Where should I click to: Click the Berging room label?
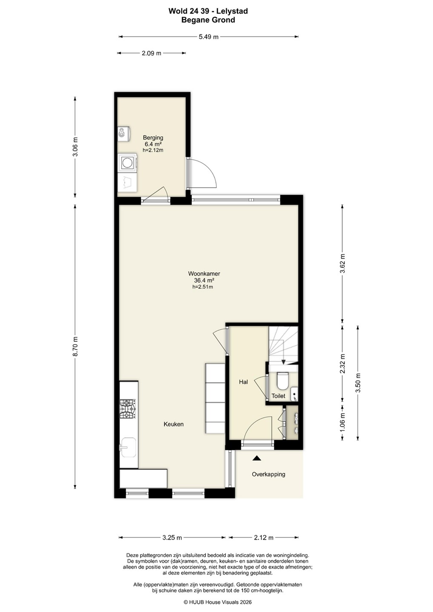(153, 137)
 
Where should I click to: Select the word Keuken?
(174, 424)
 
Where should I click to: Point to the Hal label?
(243, 382)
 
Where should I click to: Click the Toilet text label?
(278, 396)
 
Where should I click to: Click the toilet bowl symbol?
(282, 381)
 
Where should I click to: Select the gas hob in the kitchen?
(128, 409)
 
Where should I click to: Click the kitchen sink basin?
(128, 447)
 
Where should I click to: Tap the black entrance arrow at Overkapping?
(256, 458)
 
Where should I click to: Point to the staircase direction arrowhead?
(283, 362)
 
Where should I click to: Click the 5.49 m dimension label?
(208, 37)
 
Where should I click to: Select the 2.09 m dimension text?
(151, 53)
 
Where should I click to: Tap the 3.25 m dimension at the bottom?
(172, 538)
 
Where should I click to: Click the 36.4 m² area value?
(204, 280)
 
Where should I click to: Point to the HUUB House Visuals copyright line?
(218, 602)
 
